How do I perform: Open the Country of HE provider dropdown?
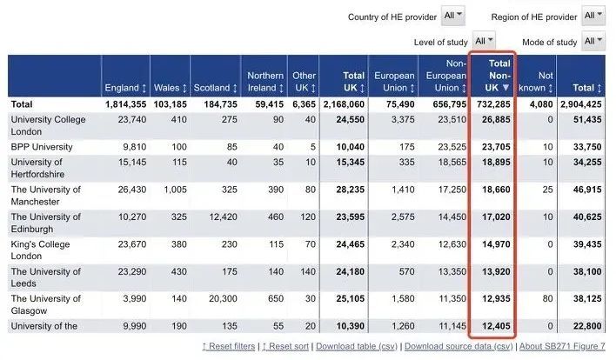[453, 16]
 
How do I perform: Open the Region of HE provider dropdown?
[594, 16]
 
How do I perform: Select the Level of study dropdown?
[484, 41]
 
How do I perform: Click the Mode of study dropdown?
[594, 41]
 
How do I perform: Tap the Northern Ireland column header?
[264, 82]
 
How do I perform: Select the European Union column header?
[394, 82]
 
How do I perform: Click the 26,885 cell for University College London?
[492, 120]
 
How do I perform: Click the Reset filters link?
[230, 346]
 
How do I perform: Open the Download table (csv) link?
[358, 346]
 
